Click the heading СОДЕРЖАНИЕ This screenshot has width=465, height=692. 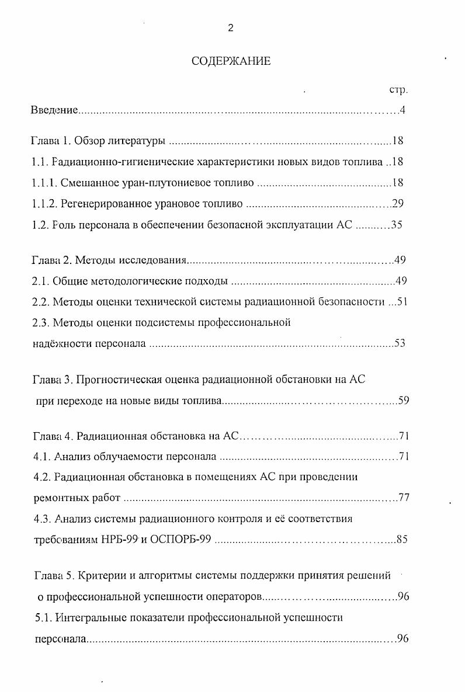pyautogui.click(x=231, y=61)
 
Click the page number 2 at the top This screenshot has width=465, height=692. pyautogui.click(x=231, y=29)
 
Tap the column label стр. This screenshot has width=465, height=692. pyautogui.click(x=398, y=90)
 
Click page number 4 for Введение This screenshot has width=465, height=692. pyautogui.click(x=402, y=110)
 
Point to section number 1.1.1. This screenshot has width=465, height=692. pyautogui.click(x=44, y=183)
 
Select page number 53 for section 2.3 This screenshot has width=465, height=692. pyautogui.click(x=400, y=343)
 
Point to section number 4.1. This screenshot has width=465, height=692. pyautogui.click(x=40, y=456)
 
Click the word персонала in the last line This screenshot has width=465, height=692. pyautogui.click(x=60, y=639)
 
